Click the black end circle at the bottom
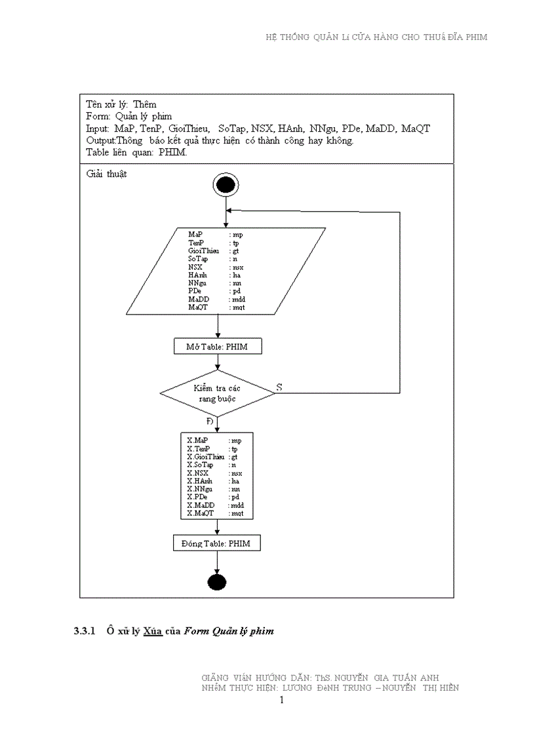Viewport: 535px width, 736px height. pos(216,581)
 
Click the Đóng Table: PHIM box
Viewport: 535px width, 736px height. pos(216,543)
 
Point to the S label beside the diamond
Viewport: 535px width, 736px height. pos(279,387)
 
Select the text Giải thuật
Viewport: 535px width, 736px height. pos(106,175)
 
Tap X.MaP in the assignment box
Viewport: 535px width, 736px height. pos(197,440)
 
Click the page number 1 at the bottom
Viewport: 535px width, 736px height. pos(282,701)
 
